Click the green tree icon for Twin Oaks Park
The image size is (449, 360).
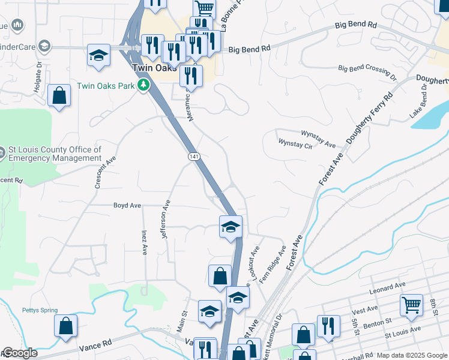pos(143,86)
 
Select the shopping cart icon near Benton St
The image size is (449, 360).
pos(411,304)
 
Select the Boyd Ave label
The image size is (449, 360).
pos(127,205)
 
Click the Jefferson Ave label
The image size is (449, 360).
pos(166,220)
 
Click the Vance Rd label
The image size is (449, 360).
pos(95,345)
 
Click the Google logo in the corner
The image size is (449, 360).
pos(19,353)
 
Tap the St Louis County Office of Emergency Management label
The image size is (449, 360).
pos(55,154)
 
